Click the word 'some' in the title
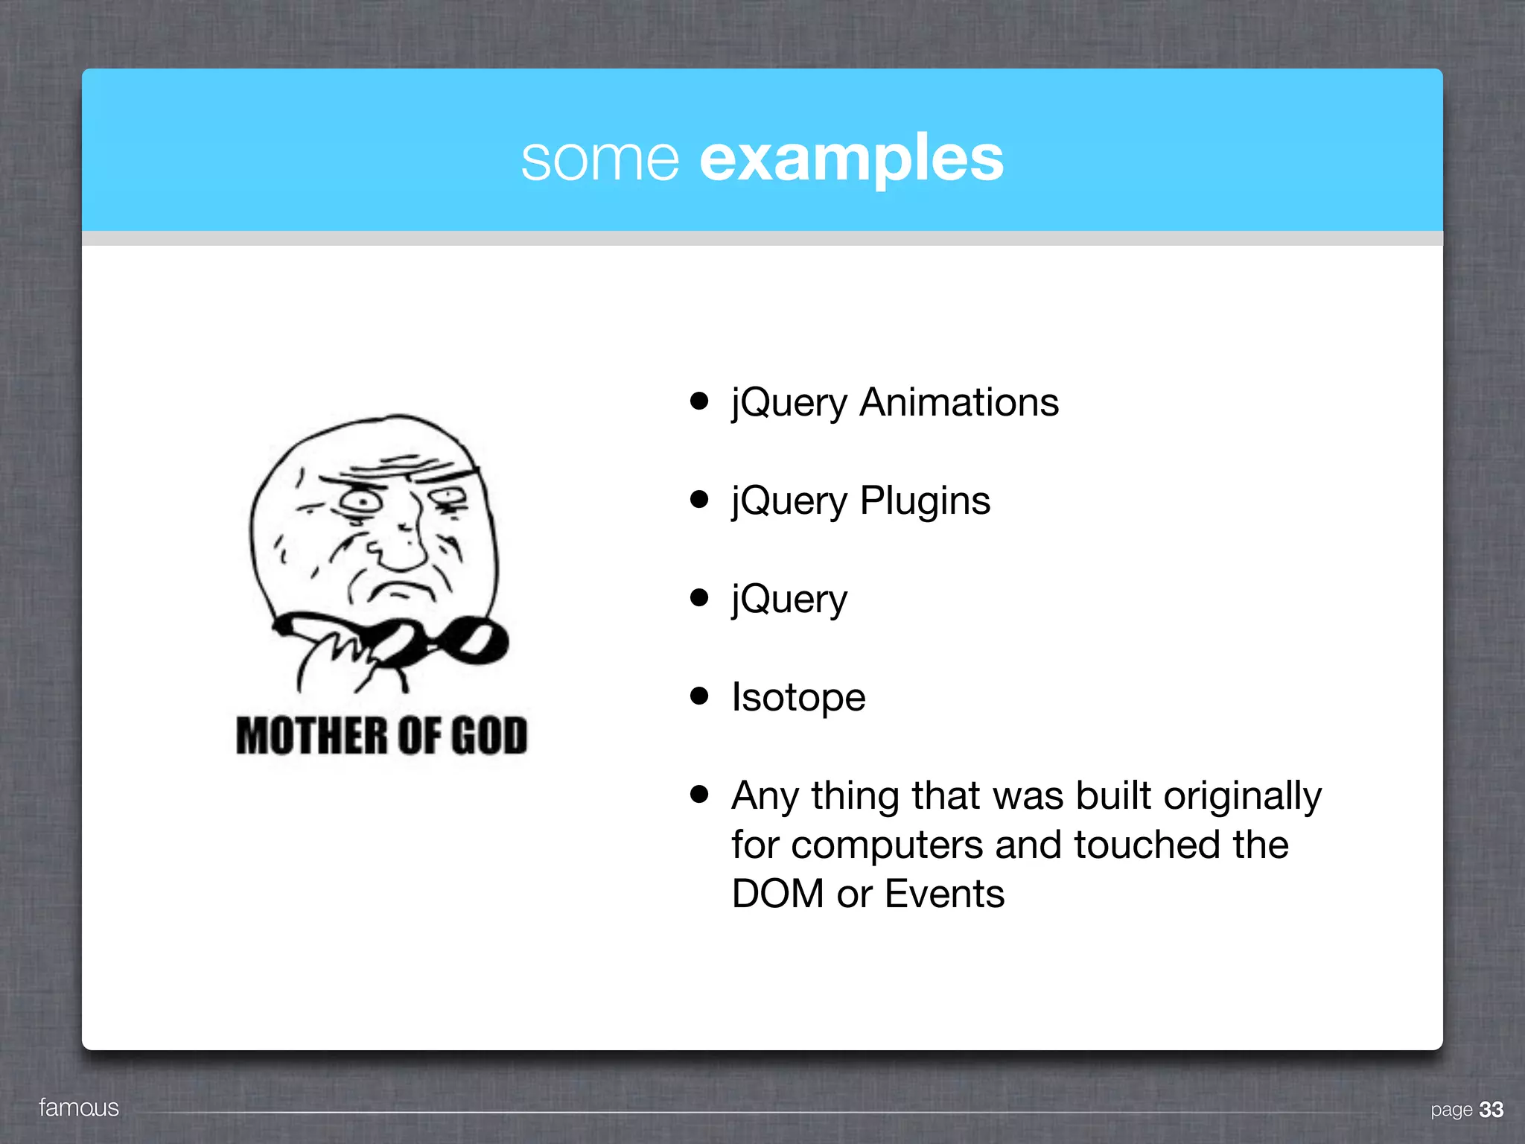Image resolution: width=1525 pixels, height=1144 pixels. tap(599, 159)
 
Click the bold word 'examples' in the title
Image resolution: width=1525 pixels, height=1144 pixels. tap(851, 159)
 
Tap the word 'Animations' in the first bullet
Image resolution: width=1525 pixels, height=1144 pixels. tap(959, 403)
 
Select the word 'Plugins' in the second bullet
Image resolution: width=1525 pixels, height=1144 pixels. tap(925, 500)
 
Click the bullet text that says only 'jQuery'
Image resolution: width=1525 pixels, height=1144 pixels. tap(789, 600)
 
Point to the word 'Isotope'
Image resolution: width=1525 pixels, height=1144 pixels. tap(798, 698)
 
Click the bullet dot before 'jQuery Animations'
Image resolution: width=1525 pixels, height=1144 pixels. tap(698, 401)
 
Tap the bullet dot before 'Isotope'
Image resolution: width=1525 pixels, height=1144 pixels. tap(698, 696)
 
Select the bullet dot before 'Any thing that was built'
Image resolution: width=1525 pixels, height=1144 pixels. tap(698, 794)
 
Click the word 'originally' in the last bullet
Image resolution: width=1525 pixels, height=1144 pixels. tap(1242, 796)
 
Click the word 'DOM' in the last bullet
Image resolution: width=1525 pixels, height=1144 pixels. tap(777, 894)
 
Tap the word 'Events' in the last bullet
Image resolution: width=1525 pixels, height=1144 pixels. tap(944, 894)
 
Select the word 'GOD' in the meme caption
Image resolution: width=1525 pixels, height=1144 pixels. tap(489, 736)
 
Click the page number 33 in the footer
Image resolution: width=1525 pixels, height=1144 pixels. tap(1491, 1110)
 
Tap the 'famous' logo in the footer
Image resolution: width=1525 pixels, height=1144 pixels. tap(79, 1108)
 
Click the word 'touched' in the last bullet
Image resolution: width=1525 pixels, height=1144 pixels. tap(1147, 845)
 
